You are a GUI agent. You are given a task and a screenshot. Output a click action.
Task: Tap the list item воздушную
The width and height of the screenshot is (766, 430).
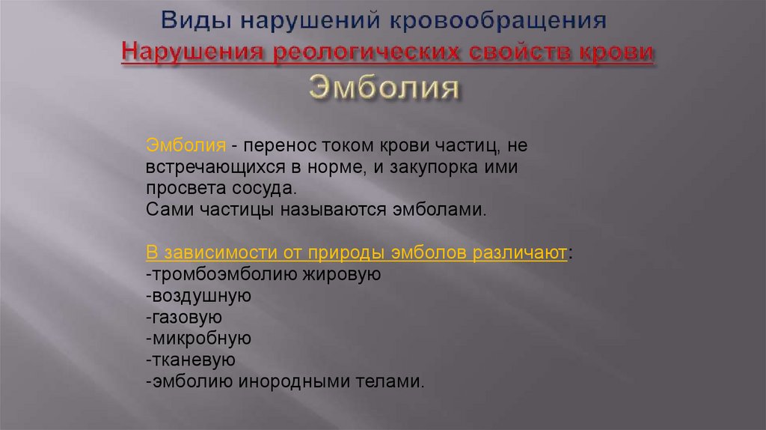[200, 295]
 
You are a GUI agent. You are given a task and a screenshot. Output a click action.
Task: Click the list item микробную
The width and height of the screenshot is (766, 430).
[200, 339]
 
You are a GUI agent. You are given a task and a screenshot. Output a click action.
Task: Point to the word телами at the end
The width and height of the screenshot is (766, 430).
[393, 381]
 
